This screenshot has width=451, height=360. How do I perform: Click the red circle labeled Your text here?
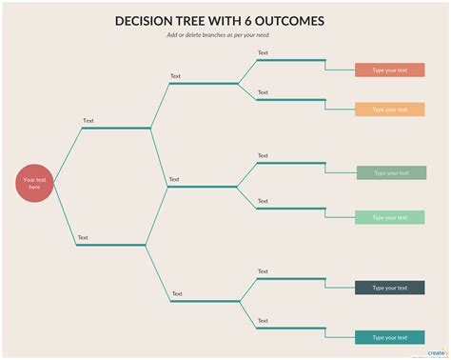(x=34, y=183)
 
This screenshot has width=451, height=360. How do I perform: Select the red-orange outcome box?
(x=389, y=70)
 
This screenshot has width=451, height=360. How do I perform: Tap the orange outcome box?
(x=389, y=110)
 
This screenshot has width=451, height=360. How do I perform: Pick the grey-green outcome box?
(x=391, y=172)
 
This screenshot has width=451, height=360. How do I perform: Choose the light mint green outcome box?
(x=389, y=217)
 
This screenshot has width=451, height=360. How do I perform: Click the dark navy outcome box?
(x=389, y=288)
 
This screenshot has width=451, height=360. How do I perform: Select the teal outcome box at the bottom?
(x=389, y=337)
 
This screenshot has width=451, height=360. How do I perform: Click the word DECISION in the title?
(x=147, y=21)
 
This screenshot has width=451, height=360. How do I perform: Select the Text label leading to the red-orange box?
(x=263, y=53)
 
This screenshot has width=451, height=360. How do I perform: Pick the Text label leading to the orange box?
(x=263, y=91)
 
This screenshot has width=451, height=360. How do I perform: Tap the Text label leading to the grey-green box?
(x=263, y=155)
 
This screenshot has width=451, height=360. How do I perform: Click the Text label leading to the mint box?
(x=263, y=201)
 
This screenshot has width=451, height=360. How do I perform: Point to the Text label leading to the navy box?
(x=263, y=271)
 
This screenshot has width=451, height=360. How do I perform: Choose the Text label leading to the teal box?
(x=263, y=321)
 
